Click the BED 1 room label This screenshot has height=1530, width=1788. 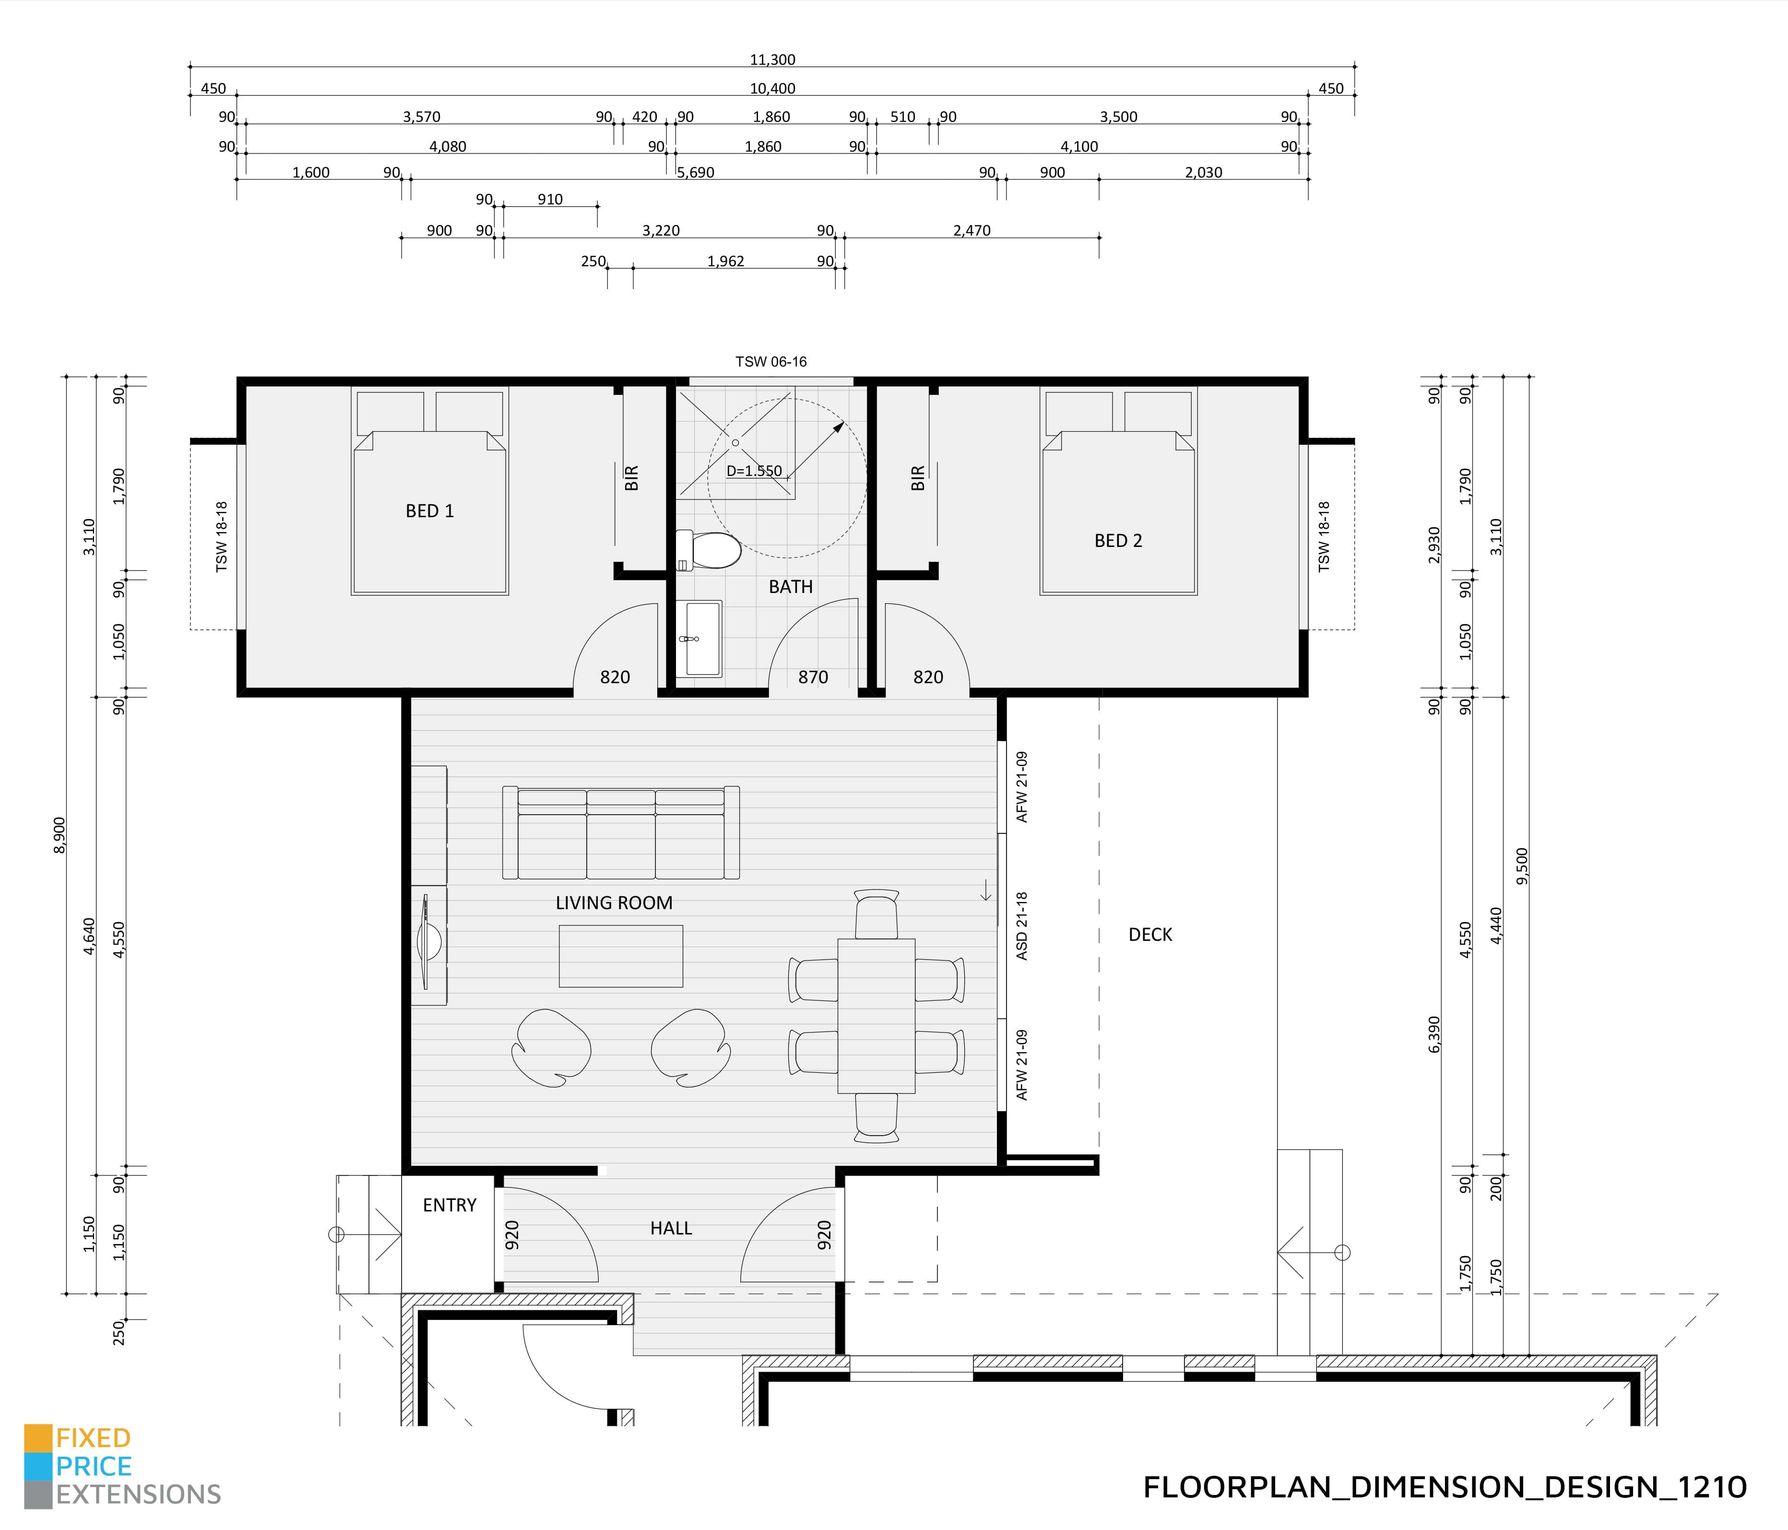click(x=429, y=511)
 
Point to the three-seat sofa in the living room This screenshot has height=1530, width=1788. click(x=620, y=833)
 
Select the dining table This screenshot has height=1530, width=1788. click(x=876, y=1016)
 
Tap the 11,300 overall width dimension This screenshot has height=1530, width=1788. click(x=772, y=59)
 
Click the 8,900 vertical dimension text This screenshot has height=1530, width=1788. click(x=59, y=834)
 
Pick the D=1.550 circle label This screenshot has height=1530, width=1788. click(x=753, y=471)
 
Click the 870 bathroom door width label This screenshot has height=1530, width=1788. click(x=813, y=677)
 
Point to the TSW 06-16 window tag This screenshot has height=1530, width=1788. click(x=770, y=362)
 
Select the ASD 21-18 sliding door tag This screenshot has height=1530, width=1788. click(x=1023, y=926)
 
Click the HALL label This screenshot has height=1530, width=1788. click(x=671, y=1228)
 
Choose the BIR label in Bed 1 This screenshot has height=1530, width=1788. click(x=631, y=478)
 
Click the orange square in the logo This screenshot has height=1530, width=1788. click(x=38, y=1438)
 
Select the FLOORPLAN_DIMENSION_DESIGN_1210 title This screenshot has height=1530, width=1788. click(x=1445, y=1487)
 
